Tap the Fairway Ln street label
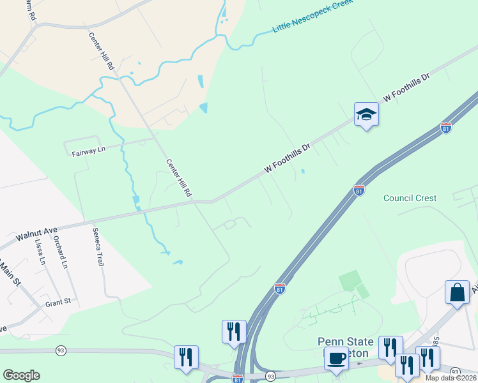88,151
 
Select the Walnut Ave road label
37,232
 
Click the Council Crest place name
410,198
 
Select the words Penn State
346,342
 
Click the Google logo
21,375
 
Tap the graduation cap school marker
367,115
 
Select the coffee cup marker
336,358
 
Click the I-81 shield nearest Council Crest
359,190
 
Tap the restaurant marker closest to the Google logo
186,357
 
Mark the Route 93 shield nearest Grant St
61,350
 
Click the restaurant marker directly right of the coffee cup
390,347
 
